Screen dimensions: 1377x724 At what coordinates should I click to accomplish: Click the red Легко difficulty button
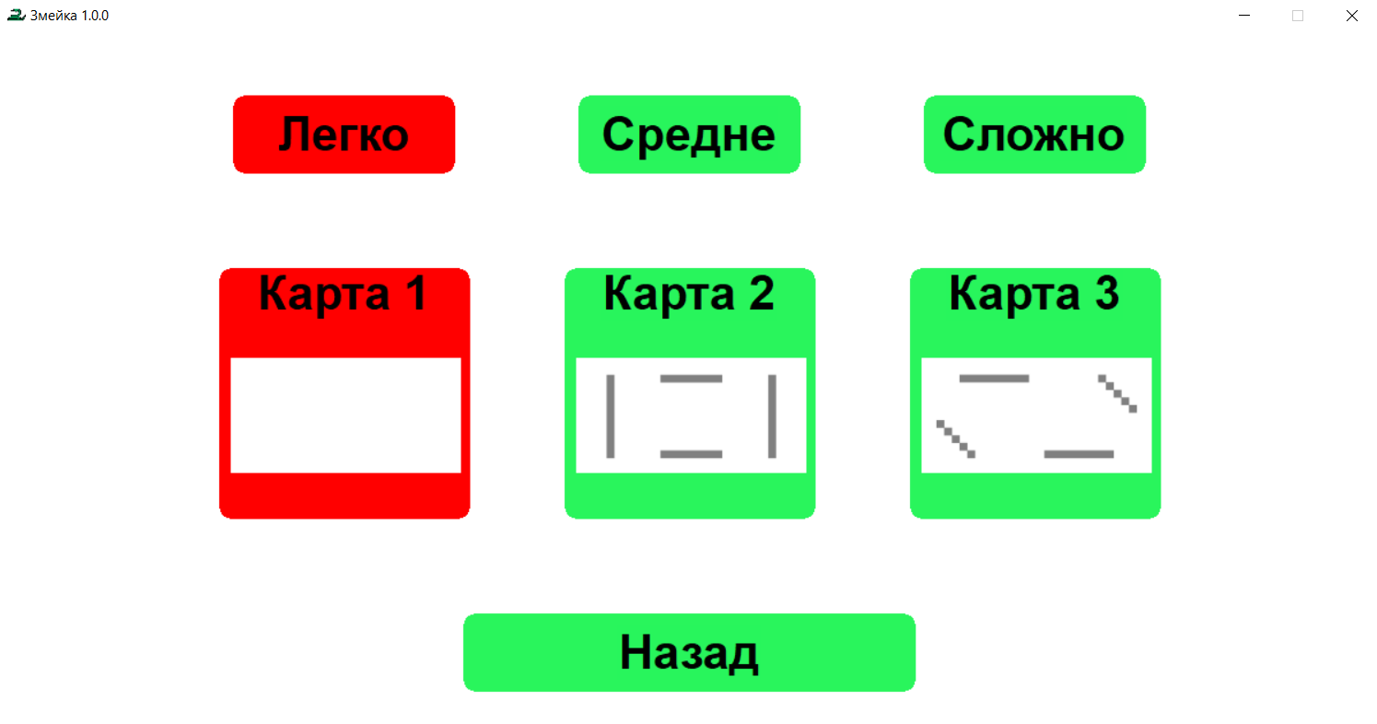[344, 134]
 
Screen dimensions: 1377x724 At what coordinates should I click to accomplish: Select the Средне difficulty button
[689, 134]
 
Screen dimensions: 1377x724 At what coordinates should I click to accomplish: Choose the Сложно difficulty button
[1034, 134]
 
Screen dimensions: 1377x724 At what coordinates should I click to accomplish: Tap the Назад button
[689, 652]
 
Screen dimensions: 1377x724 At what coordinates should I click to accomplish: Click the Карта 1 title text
[344, 294]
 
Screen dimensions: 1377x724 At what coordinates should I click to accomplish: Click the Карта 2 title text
[689, 294]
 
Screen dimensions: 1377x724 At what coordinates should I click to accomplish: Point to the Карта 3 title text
[1034, 294]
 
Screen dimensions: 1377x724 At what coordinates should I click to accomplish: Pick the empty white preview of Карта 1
[345, 415]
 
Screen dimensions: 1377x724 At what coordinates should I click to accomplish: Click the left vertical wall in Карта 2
[610, 415]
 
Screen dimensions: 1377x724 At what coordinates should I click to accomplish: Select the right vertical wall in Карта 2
[772, 415]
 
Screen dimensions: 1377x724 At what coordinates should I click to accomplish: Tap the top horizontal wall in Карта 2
[691, 378]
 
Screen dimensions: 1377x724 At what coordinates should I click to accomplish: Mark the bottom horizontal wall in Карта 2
[691, 454]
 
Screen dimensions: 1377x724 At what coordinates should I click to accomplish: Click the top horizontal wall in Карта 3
[994, 378]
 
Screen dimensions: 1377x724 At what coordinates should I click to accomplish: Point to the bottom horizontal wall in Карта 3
[1079, 454]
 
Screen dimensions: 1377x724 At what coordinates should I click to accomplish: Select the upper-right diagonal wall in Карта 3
[1118, 393]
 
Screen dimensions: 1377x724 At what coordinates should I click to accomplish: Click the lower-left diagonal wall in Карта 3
[956, 438]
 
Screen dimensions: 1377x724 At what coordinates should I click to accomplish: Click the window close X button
[1352, 16]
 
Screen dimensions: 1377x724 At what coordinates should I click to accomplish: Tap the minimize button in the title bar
[1243, 16]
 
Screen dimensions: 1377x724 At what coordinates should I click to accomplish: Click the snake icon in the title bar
[15, 16]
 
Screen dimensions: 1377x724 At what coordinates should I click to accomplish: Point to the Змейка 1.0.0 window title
[70, 16]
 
